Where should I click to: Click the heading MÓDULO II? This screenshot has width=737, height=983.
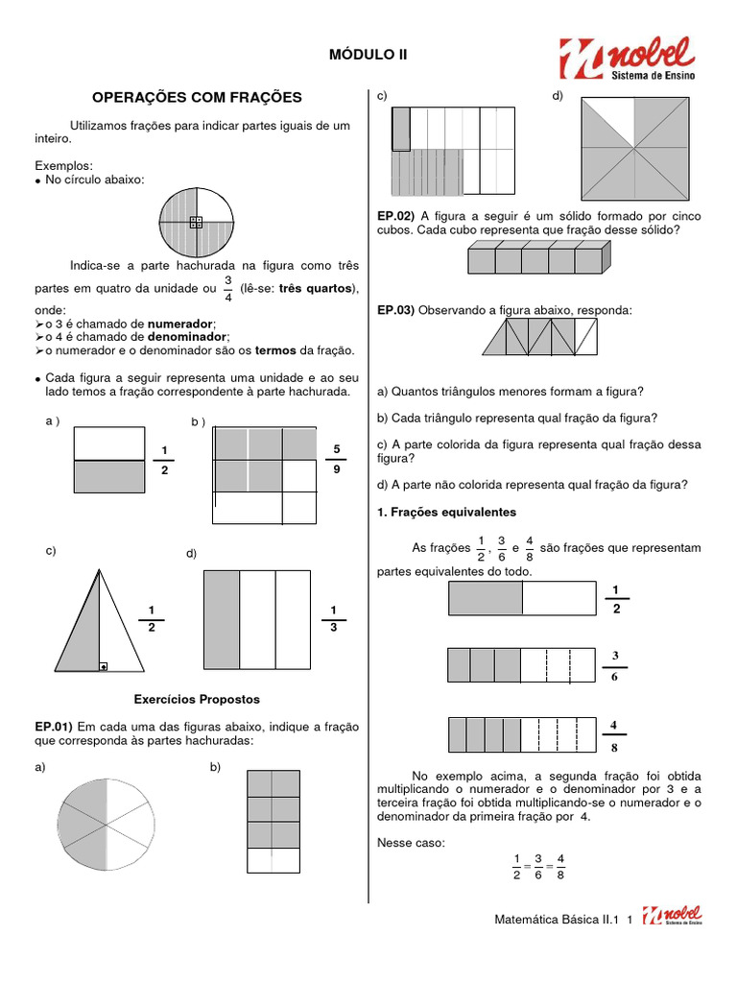(368, 56)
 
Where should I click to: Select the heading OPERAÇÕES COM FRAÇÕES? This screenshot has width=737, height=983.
(197, 97)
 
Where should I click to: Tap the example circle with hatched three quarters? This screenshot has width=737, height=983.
(197, 223)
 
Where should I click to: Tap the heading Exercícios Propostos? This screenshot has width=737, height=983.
(197, 699)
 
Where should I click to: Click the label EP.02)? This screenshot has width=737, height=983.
(395, 216)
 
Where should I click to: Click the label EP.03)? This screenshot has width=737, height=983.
(395, 310)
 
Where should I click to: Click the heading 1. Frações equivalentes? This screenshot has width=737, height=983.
(446, 513)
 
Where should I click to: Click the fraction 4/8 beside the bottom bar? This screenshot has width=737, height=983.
(614, 734)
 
